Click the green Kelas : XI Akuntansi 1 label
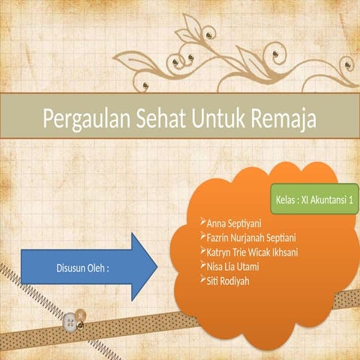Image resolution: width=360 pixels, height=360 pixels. (314, 201)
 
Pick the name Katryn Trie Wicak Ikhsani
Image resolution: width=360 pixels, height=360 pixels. (252, 252)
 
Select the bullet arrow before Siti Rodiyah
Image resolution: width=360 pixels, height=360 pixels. (202, 279)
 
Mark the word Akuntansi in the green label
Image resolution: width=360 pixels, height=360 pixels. (325, 201)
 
